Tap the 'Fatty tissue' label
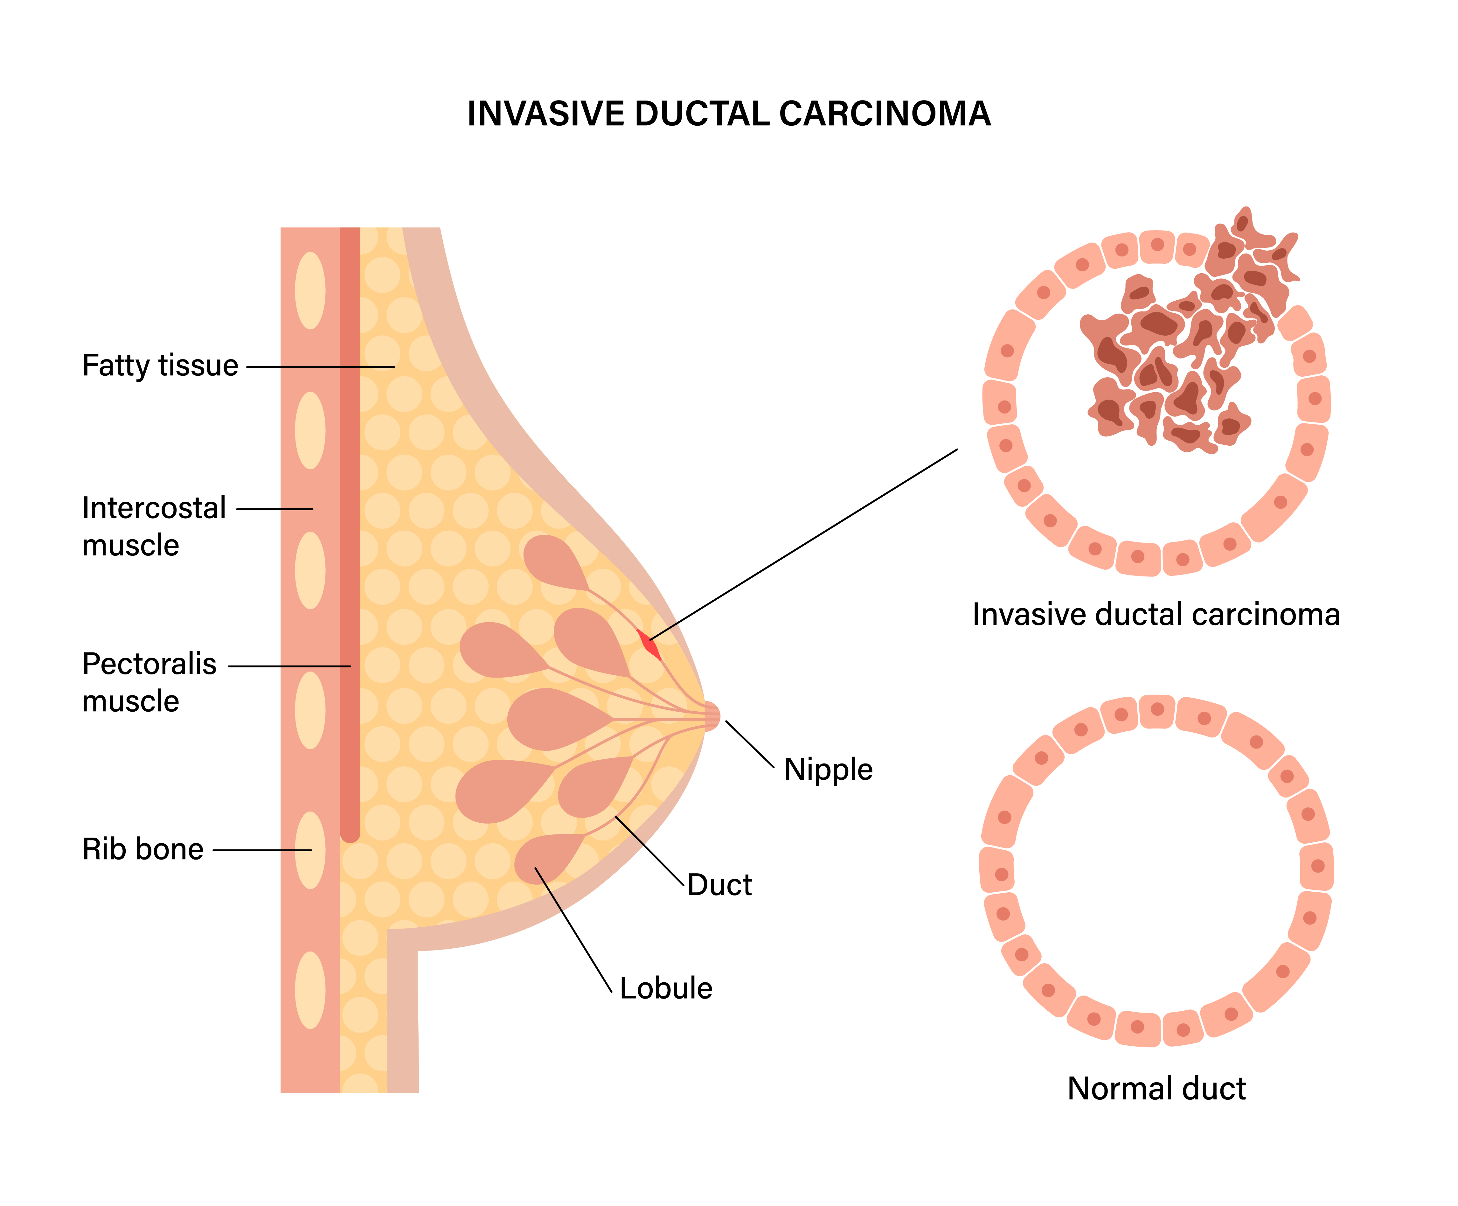click(160, 365)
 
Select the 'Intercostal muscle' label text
click(154, 526)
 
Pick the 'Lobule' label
click(666, 988)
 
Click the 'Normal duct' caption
click(1157, 1089)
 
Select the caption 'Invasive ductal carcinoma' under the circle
click(1156, 615)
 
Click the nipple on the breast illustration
click(712, 716)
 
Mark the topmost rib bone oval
click(310, 290)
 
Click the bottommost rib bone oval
click(310, 990)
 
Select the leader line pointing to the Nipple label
click(750, 744)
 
